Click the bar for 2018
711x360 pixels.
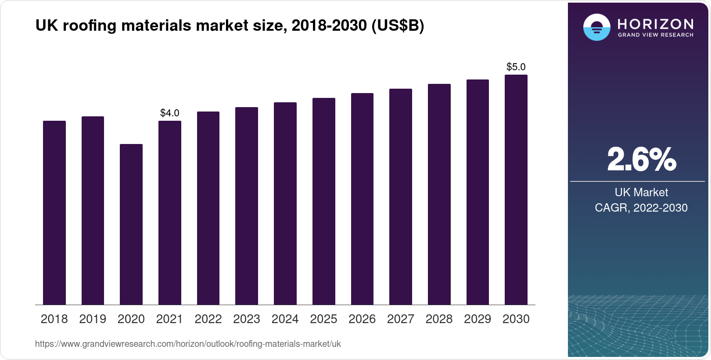(54, 212)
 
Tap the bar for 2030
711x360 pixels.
(516, 190)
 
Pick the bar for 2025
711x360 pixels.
(323, 201)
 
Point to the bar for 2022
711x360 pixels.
(208, 208)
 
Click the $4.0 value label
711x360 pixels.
(169, 113)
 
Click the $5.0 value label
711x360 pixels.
(516, 67)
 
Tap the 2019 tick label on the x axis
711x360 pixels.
(93, 319)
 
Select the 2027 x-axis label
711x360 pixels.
(400, 319)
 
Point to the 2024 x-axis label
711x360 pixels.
(285, 319)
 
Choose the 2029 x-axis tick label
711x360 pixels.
(478, 319)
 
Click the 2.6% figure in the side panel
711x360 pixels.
(641, 159)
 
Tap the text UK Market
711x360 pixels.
(641, 192)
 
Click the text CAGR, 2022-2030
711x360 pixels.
(641, 208)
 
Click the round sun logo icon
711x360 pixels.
(596, 27)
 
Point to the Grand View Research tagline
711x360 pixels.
(655, 35)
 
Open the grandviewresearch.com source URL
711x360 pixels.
(188, 344)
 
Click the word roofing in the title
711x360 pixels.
(90, 25)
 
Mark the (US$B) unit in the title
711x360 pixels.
(398, 25)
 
